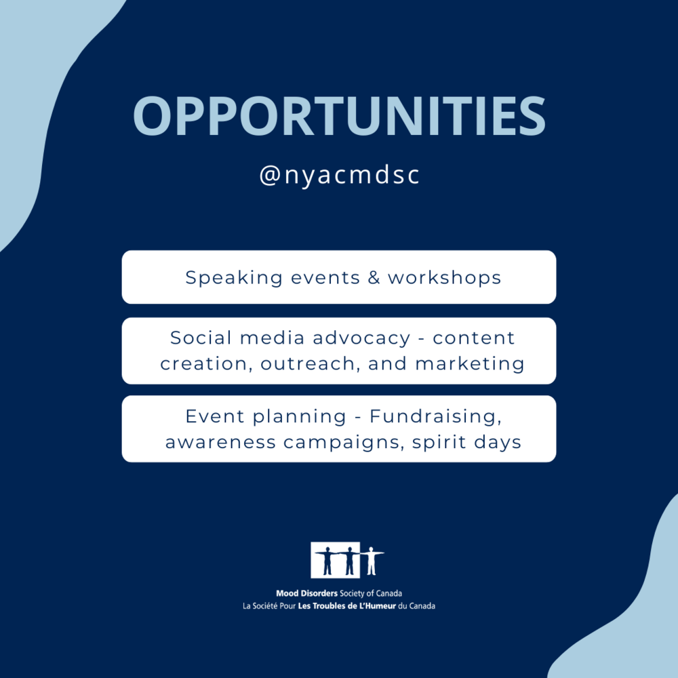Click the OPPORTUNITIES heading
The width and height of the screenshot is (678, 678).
[x=339, y=116]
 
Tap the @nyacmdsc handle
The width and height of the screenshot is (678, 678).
[x=340, y=175]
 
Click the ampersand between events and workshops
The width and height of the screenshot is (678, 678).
[x=374, y=277]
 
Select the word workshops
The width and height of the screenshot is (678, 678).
[x=444, y=277]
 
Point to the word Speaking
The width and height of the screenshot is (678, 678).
[x=234, y=277]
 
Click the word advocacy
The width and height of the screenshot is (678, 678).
[x=361, y=338]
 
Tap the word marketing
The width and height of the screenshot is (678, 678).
[x=470, y=364]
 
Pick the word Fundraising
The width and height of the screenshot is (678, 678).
[x=435, y=417]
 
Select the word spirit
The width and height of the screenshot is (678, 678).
[x=439, y=443]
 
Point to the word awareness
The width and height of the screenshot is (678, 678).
[x=220, y=443]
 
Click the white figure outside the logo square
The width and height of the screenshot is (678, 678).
[x=371, y=561]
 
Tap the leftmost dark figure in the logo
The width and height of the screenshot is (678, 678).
[x=327, y=561]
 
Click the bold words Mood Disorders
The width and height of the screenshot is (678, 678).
[x=306, y=593]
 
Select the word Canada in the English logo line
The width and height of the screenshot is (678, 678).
[x=388, y=593]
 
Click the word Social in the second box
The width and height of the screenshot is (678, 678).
[x=201, y=338]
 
